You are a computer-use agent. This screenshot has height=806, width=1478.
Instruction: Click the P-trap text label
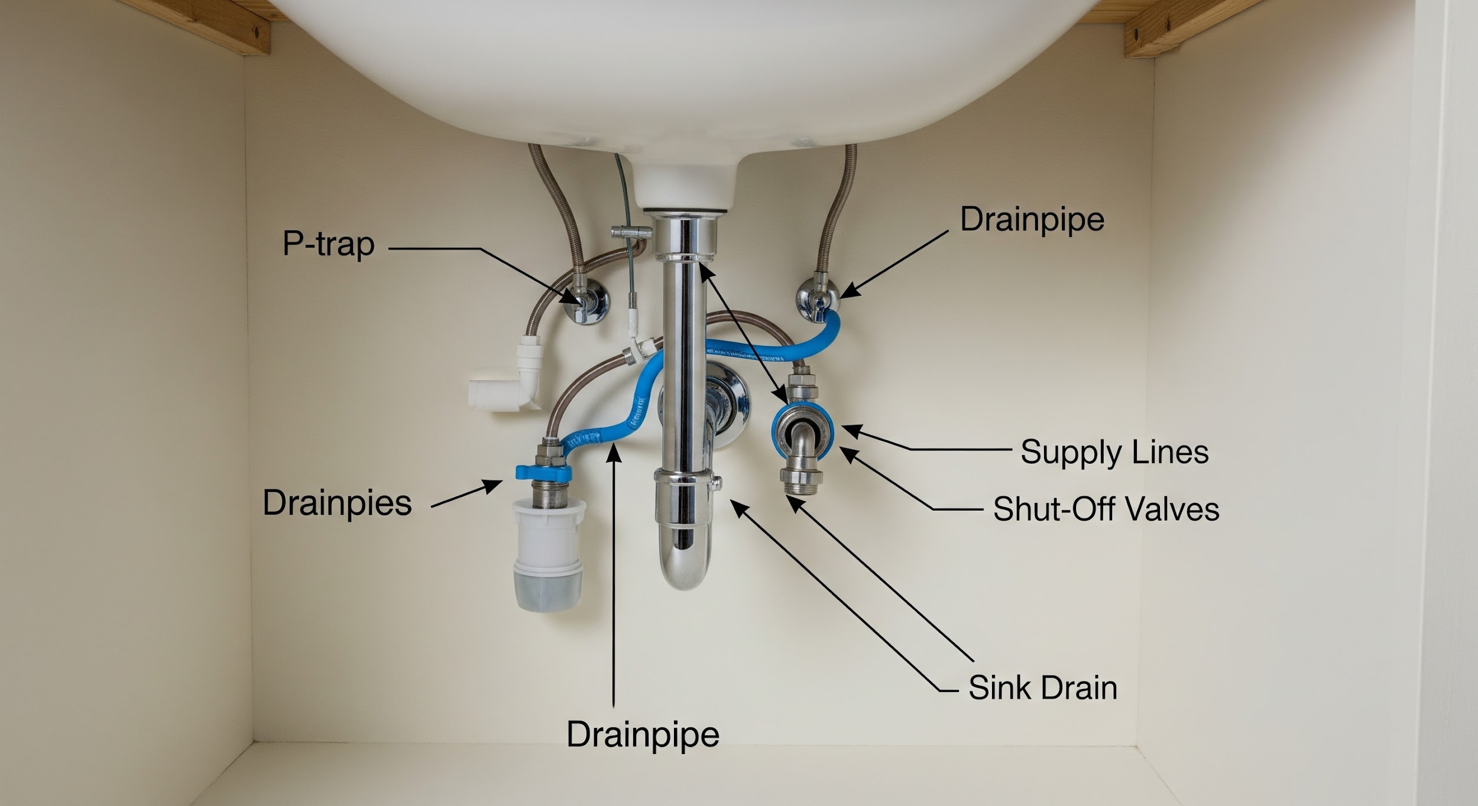pos(329,244)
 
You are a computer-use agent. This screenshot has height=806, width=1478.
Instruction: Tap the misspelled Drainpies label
pos(337,503)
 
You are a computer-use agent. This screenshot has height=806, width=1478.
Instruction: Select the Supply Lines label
pos(1114,453)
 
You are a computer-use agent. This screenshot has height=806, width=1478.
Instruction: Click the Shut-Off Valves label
pos(1106,509)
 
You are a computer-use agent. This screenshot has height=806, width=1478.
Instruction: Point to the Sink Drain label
pos(1043,687)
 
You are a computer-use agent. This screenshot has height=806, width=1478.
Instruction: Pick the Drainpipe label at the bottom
pos(643,735)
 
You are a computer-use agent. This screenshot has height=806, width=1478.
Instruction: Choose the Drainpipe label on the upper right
pos(1032,220)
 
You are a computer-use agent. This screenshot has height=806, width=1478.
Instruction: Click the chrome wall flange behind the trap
pos(730,408)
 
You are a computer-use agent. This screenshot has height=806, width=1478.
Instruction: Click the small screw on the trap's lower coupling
pos(718,483)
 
